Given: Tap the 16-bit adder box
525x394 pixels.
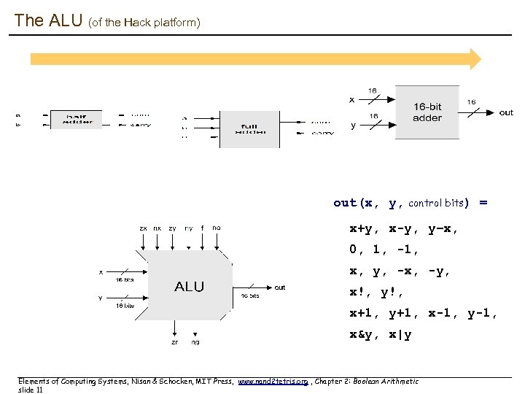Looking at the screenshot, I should tap(427, 112).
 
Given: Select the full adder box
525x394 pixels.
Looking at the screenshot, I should tap(250, 129).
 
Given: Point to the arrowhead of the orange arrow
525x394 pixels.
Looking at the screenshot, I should tap(475, 59).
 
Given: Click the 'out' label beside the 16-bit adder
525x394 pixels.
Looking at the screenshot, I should tap(506, 112).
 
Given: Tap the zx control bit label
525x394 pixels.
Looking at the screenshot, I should tap(144, 228).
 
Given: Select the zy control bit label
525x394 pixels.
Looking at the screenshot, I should tap(172, 228).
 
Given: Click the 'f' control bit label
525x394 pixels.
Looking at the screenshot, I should tap(202, 228).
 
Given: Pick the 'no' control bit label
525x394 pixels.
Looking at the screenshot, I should tap(216, 228).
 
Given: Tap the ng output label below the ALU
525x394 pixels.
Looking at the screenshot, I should tap(195, 341).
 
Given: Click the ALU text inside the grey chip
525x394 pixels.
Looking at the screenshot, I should tap(189, 287).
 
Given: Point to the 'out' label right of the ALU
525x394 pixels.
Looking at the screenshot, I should tap(280, 287).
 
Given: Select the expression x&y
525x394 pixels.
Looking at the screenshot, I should tap(362, 335).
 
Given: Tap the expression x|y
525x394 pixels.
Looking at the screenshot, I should tap(400, 335).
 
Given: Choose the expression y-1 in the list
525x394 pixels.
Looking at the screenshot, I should tap(482, 314).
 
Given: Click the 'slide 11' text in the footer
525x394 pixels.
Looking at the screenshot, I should tap(30, 390).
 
